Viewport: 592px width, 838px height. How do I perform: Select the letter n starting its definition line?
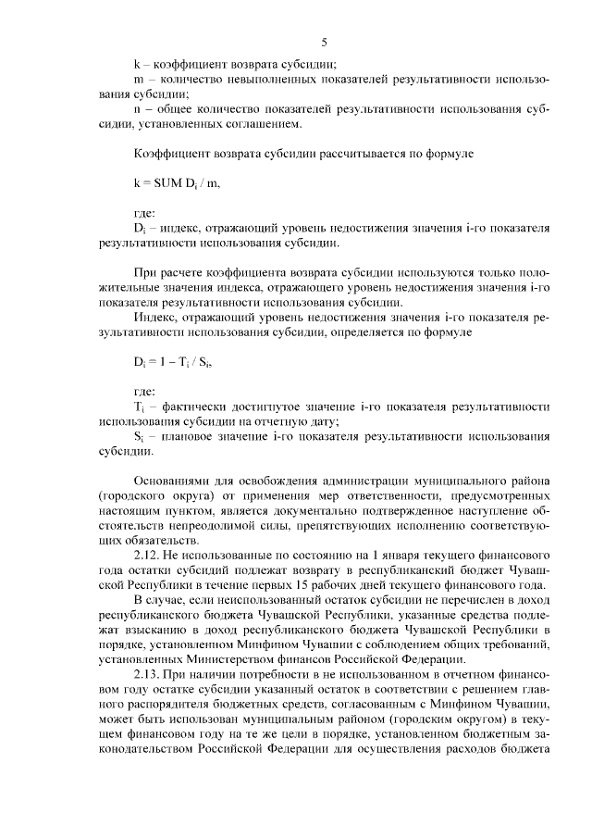pos(137,109)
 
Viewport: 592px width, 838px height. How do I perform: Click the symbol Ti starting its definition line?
pos(140,407)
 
